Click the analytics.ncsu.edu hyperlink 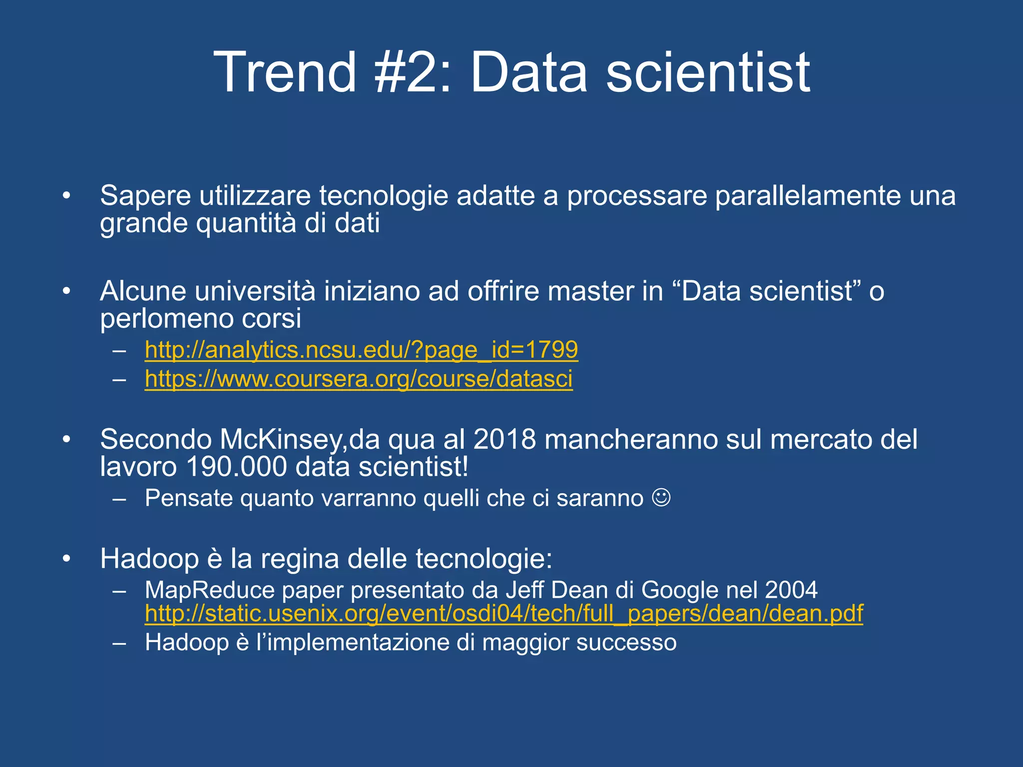361,350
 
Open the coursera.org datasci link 359,379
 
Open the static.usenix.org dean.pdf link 504,614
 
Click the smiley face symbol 661,498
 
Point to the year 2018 505,440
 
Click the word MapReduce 210,590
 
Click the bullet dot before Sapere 66,196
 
